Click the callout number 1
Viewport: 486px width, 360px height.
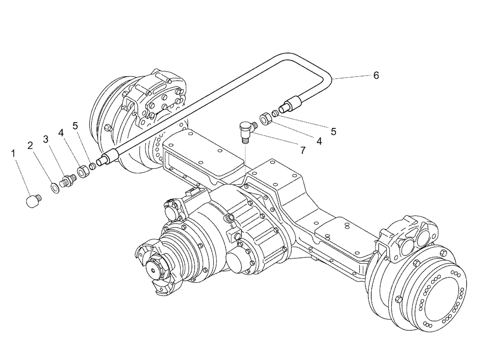pyautogui.click(x=14, y=153)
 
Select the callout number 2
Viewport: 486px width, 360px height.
pyautogui.click(x=30, y=145)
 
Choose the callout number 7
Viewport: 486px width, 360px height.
pyautogui.click(x=303, y=151)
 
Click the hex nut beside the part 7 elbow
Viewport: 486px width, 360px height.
pyautogui.click(x=265, y=118)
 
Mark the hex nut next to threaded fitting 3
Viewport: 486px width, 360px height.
pyautogui.click(x=82, y=172)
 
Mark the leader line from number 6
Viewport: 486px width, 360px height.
pyautogui.click(x=350, y=76)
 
